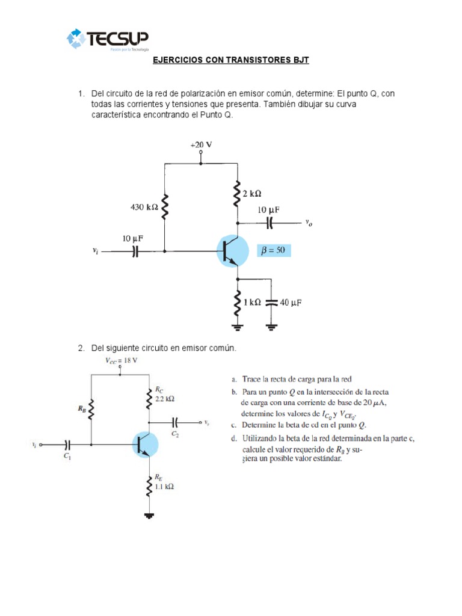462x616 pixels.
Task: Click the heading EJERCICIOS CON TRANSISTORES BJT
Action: pyautogui.click(x=230, y=61)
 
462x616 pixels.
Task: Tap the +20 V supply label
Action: pyautogui.click(x=201, y=145)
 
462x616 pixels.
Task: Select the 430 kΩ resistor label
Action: pyautogui.click(x=144, y=207)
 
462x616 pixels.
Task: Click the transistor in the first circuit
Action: pyautogui.click(x=233, y=251)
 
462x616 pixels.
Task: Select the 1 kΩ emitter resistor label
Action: pyautogui.click(x=251, y=303)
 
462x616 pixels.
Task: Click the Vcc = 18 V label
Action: pyautogui.click(x=121, y=360)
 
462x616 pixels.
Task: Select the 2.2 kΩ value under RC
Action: pyautogui.click(x=165, y=398)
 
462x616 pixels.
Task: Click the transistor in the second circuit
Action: pyautogui.click(x=144, y=445)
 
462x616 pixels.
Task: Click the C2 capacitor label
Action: pyautogui.click(x=175, y=433)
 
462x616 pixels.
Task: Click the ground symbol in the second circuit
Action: pyautogui.click(x=149, y=516)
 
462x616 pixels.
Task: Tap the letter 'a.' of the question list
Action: pyautogui.click(x=235, y=380)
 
